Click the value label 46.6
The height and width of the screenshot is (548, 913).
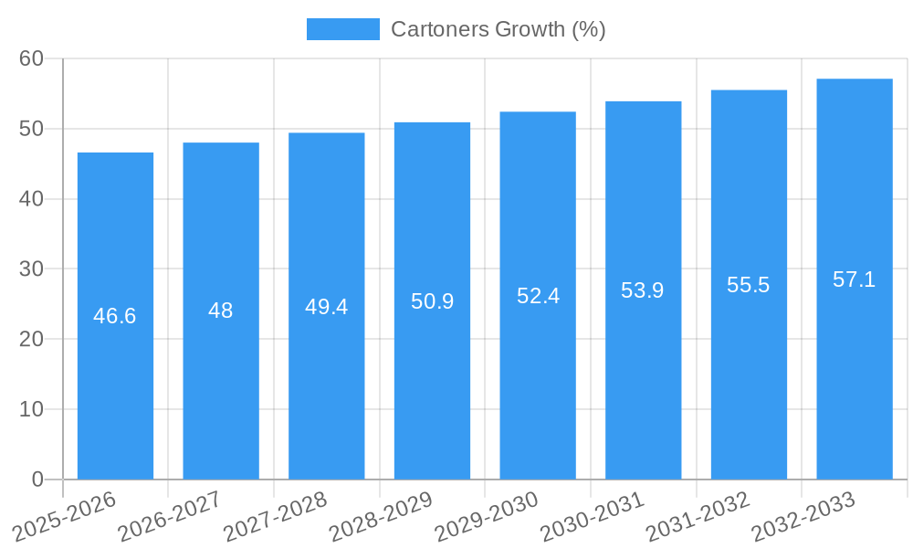tap(115, 316)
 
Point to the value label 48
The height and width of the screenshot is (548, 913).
tap(221, 311)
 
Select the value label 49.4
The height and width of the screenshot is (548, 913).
tap(327, 306)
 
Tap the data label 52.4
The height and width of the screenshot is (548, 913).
tap(538, 296)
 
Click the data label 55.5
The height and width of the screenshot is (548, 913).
tap(749, 285)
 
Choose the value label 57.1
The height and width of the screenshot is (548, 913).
tap(855, 279)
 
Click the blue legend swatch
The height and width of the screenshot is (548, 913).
tap(342, 29)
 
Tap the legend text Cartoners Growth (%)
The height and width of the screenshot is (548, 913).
tap(498, 29)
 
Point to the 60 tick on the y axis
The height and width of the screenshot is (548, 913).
tap(31, 58)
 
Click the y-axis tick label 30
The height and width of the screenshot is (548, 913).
tap(31, 269)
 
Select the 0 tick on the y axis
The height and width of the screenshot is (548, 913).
tap(37, 479)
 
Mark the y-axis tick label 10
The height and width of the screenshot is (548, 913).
tap(31, 409)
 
